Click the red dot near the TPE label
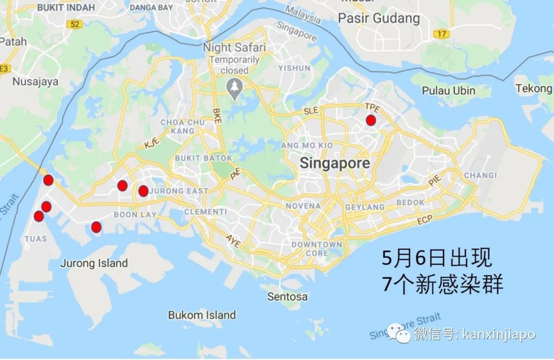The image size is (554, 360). [370, 121]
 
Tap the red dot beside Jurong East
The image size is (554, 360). [143, 191]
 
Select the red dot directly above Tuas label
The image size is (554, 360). [39, 216]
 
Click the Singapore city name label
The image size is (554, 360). [334, 164]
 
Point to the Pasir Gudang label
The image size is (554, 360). [379, 19]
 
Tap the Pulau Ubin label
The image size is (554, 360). [448, 91]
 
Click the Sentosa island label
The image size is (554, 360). [287, 296]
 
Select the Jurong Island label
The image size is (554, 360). [94, 264]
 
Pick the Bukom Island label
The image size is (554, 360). [202, 315]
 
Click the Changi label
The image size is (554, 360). [480, 175]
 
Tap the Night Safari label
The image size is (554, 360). [234, 48]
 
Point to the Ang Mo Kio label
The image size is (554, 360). [307, 146]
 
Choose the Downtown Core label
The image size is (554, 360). [316, 249]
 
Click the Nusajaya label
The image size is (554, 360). [35, 82]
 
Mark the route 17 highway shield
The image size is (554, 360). [441, 34]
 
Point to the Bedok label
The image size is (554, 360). [410, 203]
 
